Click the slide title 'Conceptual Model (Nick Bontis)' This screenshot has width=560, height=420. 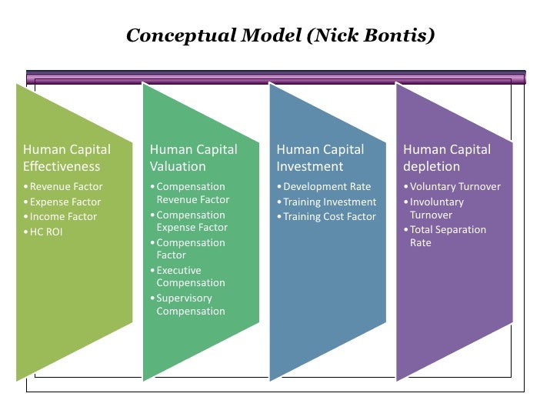coord(280,36)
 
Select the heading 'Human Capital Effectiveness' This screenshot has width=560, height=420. coord(67,158)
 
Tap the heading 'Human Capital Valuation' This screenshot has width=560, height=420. coord(193,158)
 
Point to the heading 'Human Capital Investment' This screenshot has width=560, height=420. coord(320,158)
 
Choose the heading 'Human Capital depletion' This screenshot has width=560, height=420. coord(446,158)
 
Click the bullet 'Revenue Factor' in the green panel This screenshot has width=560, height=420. coord(65,187)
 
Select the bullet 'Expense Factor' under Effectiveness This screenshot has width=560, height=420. coord(65,202)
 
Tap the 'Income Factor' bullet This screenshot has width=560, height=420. coord(63,217)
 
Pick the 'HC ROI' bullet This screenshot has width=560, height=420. coord(46,232)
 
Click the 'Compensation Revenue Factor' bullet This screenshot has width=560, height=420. coord(192,193)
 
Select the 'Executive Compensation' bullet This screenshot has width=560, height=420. coord(190,277)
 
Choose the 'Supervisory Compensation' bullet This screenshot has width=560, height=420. coord(190,305)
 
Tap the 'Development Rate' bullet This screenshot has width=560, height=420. coord(326,187)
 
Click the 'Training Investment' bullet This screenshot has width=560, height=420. coord(329,202)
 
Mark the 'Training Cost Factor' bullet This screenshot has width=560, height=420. coord(329,217)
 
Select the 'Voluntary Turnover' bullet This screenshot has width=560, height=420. coord(455,187)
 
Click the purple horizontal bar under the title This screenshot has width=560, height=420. coord(276,78)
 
